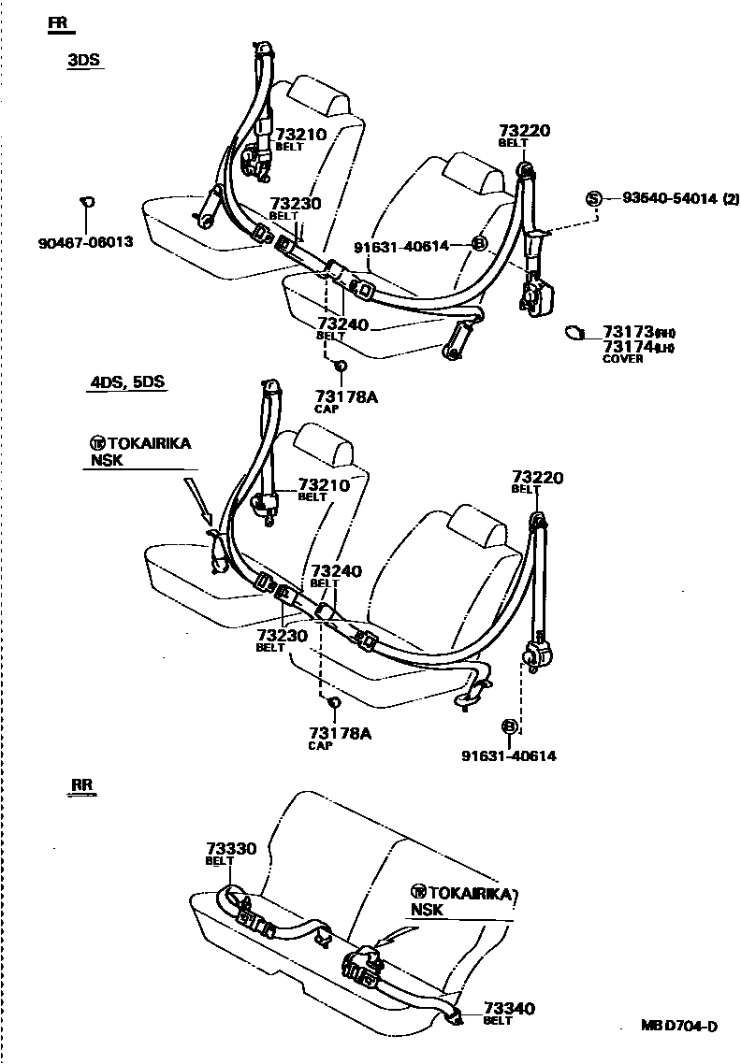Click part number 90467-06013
tap(85, 242)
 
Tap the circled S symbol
tap(593, 198)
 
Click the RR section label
tap(82, 784)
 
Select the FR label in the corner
tap(62, 22)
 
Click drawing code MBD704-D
tap(679, 1026)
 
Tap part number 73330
tap(230, 849)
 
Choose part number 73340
tap(509, 1008)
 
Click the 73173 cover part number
tap(627, 332)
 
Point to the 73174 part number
tap(627, 347)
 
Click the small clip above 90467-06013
tap(87, 200)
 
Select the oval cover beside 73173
tap(575, 332)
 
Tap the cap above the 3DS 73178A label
tap(341, 365)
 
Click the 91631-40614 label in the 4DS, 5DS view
tap(509, 755)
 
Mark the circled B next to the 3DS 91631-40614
tap(479, 245)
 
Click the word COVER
tap(622, 359)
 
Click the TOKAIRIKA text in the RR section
tap(470, 894)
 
